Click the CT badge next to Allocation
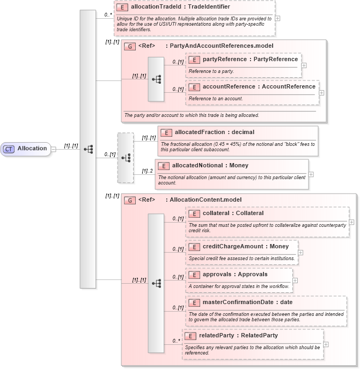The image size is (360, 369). click(x=9, y=149)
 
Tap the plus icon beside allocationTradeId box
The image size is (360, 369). click(x=277, y=18)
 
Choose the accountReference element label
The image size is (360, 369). click(x=259, y=86)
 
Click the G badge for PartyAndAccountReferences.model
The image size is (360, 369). click(x=129, y=46)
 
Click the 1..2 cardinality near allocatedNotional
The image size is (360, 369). click(x=147, y=171)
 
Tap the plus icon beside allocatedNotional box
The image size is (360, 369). click(x=311, y=174)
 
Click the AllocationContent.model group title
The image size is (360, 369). click(x=205, y=200)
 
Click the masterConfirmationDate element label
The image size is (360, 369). click(x=247, y=302)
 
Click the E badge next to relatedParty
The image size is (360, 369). click(x=190, y=336)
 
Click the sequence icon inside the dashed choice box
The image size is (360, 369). click(x=126, y=158)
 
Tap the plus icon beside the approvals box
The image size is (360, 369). click(x=295, y=280)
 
